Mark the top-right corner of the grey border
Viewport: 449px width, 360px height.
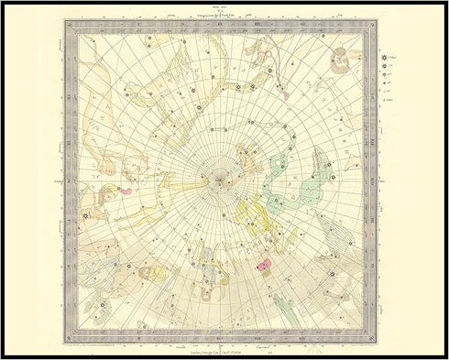click(370, 25)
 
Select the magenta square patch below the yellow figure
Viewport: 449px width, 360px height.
click(263, 264)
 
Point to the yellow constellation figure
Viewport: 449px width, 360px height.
click(250, 214)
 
